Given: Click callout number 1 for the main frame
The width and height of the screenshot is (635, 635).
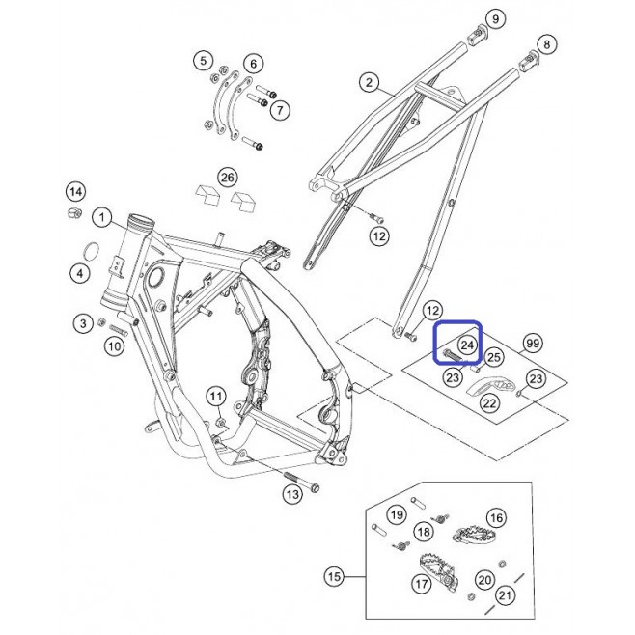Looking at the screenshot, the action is pyautogui.click(x=101, y=218).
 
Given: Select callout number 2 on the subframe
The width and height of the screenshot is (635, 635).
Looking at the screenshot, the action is pyautogui.click(x=369, y=83).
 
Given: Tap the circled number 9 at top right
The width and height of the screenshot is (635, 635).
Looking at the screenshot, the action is pyautogui.click(x=496, y=18).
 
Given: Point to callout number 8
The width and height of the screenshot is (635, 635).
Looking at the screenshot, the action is pyautogui.click(x=547, y=44).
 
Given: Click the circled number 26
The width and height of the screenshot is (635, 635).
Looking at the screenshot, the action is pyautogui.click(x=227, y=178).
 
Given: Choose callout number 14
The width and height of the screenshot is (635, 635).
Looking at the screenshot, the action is pyautogui.click(x=75, y=192).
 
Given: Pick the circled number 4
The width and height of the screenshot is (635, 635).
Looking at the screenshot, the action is pyautogui.click(x=80, y=273).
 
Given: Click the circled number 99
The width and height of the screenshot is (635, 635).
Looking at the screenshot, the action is pyautogui.click(x=533, y=344).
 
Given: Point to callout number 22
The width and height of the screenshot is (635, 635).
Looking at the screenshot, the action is pyautogui.click(x=490, y=403).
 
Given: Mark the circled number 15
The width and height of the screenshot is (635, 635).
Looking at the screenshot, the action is pyautogui.click(x=335, y=576).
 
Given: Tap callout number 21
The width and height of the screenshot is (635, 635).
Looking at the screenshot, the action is pyautogui.click(x=505, y=595).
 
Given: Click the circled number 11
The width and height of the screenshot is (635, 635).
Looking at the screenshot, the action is pyautogui.click(x=216, y=396).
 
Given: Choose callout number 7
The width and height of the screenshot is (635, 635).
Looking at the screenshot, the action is pyautogui.click(x=280, y=110).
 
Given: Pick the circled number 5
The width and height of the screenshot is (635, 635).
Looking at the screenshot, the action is pyautogui.click(x=203, y=61).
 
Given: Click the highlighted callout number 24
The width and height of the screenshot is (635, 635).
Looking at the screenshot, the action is pyautogui.click(x=467, y=345).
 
